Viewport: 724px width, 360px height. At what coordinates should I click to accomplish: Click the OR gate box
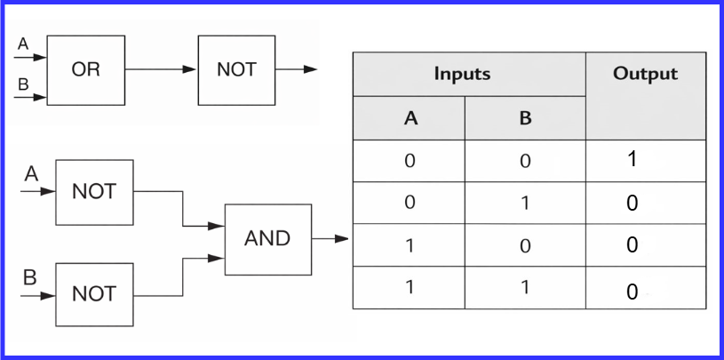[x=86, y=69]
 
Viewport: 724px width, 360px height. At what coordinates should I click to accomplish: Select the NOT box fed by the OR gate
[x=236, y=69]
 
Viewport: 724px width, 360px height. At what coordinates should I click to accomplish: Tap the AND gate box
[x=267, y=238]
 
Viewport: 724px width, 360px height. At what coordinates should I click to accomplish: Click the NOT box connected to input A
[x=94, y=192]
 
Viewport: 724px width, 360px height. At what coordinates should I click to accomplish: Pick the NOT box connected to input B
[x=94, y=294]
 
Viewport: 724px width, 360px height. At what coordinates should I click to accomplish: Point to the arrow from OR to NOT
[x=161, y=69]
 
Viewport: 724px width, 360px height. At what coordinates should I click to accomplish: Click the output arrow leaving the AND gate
[x=330, y=238]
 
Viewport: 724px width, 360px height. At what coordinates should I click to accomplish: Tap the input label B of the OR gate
[x=23, y=84]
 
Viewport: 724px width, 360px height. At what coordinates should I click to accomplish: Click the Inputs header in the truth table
[x=462, y=75]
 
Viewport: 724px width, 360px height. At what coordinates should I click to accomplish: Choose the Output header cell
[x=645, y=75]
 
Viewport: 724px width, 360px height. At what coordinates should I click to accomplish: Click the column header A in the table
[x=410, y=118]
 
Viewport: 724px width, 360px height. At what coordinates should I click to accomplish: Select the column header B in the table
[x=525, y=118]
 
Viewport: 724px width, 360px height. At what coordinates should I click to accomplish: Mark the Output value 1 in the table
[x=632, y=160]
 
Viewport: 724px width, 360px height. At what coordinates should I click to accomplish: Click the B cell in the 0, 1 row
[x=525, y=203]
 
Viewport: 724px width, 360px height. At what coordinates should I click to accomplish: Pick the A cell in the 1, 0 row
[x=410, y=246]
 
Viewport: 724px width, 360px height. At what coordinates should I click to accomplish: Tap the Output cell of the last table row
[x=632, y=291]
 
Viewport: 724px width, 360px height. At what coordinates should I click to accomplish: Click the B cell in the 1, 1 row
[x=525, y=288]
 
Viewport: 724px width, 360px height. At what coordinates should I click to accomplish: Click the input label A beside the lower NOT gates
[x=31, y=175]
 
